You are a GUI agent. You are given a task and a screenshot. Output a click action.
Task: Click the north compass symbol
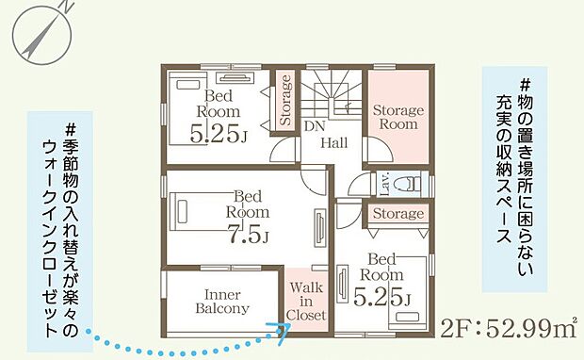41,33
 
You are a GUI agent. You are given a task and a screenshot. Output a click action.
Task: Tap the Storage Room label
398,117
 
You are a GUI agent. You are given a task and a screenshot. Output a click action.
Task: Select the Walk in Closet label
306,302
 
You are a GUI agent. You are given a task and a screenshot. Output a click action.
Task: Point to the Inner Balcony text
222,302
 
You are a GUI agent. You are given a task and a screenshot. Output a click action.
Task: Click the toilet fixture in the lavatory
409,183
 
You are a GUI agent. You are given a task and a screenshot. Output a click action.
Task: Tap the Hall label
334,142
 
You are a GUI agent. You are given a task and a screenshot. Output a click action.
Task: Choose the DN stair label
315,126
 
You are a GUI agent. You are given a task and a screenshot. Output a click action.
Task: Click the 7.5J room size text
248,234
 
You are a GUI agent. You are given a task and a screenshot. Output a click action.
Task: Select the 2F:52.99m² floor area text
509,328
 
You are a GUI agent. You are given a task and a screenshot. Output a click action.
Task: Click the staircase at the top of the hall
332,94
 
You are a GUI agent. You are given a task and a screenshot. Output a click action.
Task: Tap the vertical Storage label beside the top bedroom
285,100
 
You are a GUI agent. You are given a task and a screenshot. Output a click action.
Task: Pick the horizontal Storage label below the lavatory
398,214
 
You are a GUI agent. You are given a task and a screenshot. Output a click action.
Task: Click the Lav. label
385,184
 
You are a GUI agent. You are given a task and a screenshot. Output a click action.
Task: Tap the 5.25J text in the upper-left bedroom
219,134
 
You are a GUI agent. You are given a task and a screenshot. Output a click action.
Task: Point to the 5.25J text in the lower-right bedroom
382,297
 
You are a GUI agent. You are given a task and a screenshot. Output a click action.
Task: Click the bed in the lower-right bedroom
408,293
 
